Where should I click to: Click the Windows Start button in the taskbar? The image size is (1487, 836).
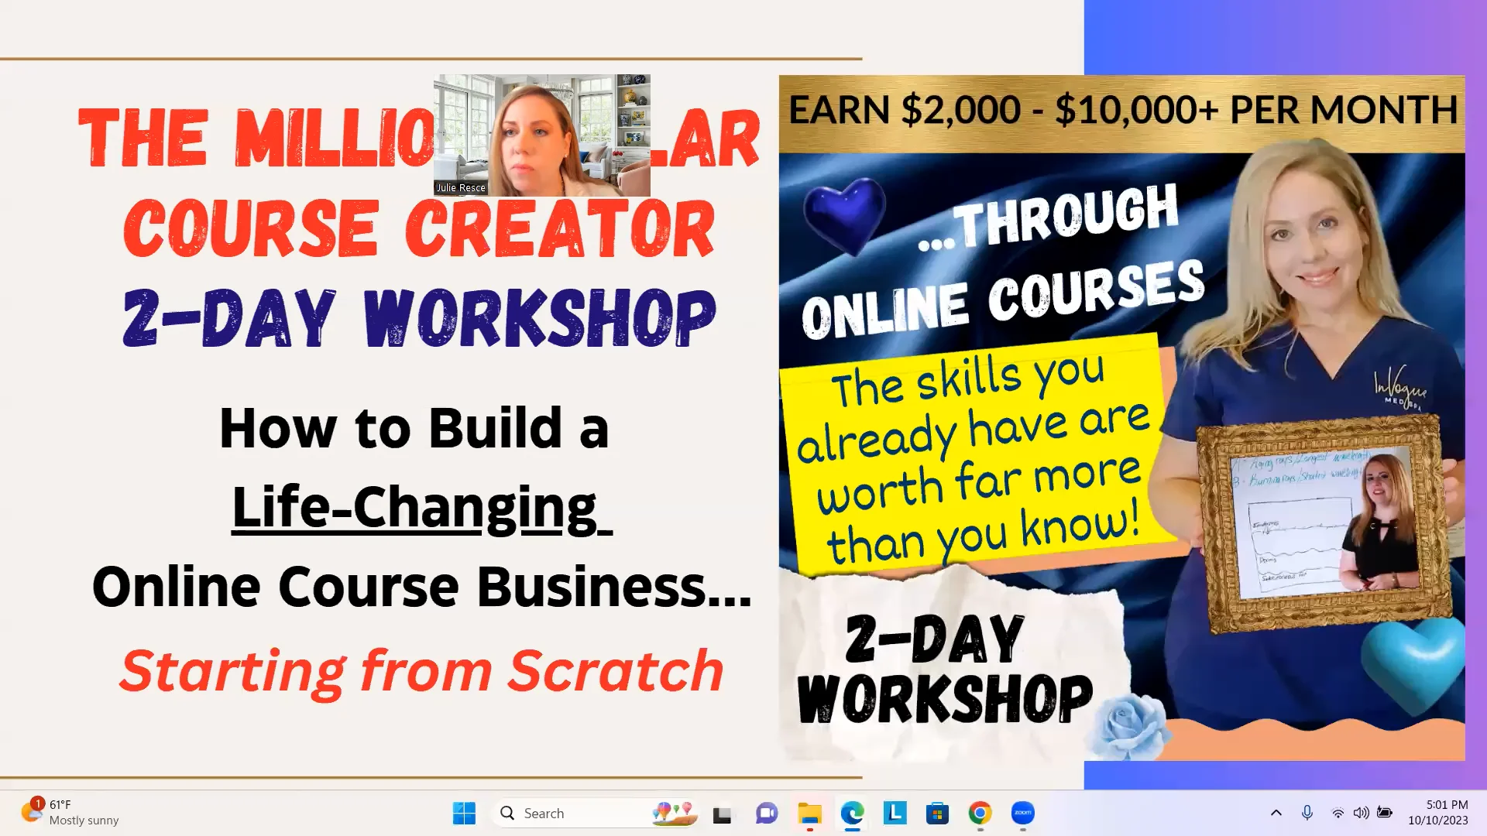(x=464, y=814)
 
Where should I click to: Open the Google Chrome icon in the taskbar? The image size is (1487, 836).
(x=980, y=814)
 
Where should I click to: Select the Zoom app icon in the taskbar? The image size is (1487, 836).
(x=1022, y=813)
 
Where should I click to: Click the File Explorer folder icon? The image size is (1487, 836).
(x=809, y=814)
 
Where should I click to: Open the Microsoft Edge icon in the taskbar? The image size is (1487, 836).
(x=852, y=814)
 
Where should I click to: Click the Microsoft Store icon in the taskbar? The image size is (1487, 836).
(x=937, y=814)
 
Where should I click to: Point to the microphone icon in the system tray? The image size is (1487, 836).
(x=1307, y=813)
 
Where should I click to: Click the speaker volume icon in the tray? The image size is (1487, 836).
(x=1361, y=813)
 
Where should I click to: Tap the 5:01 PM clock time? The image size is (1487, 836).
(x=1447, y=805)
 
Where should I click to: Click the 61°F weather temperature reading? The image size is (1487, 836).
(x=60, y=805)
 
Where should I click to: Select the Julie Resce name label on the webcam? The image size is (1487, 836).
(x=461, y=188)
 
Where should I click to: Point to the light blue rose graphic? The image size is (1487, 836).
(x=1127, y=726)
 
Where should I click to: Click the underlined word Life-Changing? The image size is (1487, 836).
(x=414, y=508)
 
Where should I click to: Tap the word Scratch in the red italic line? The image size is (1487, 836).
(x=616, y=671)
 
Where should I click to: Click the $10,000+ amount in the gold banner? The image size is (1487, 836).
(x=1137, y=110)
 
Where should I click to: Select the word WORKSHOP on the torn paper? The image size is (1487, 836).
(x=945, y=699)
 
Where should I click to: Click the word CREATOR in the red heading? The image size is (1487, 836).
(x=559, y=229)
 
